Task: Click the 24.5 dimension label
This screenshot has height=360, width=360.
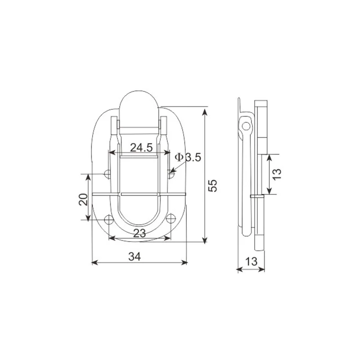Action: tap(142, 147)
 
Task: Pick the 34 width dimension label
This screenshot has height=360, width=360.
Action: tap(134, 256)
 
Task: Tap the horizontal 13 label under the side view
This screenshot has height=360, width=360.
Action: tap(252, 261)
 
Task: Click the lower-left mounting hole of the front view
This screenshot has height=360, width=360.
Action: tap(108, 220)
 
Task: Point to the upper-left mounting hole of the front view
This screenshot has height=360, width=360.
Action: tap(108, 174)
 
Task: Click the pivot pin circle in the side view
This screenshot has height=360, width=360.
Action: tap(245, 125)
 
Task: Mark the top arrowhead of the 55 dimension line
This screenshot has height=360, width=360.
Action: tap(205, 109)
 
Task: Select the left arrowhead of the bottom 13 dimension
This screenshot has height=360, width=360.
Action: tap(239, 270)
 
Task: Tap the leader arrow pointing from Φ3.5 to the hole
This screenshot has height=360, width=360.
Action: tap(174, 171)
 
